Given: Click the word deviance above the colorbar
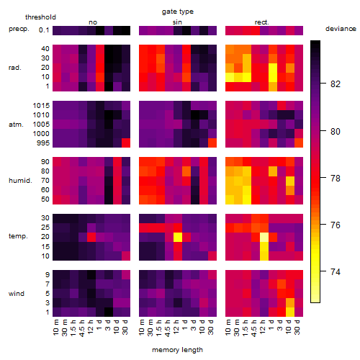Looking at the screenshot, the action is coord(341,29).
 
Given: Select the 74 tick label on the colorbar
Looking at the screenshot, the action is coord(335,272).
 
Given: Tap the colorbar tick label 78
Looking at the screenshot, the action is coord(335,179).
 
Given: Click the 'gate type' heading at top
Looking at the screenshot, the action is coord(178,12).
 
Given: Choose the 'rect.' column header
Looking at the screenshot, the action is coord(262,22).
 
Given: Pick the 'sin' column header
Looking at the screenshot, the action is coord(177,22).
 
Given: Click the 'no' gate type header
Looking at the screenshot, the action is coord(93,22).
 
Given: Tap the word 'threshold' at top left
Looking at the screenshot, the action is coord(40,17).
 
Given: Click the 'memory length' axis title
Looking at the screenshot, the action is coord(177,350).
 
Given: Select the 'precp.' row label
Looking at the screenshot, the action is coord(19,29).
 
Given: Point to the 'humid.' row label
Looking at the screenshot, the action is coord(20,180).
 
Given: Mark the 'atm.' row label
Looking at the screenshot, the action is coord(16,125).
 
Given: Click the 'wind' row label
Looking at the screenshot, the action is coord(17,293).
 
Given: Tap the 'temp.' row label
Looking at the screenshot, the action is coord(18,236).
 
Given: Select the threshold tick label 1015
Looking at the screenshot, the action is coord(41,106).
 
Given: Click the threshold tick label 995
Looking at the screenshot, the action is coord(43,143).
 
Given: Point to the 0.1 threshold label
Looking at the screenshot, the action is coord(44,30).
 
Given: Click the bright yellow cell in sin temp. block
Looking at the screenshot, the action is coord(178,237).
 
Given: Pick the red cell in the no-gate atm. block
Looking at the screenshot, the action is coord(126,143).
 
